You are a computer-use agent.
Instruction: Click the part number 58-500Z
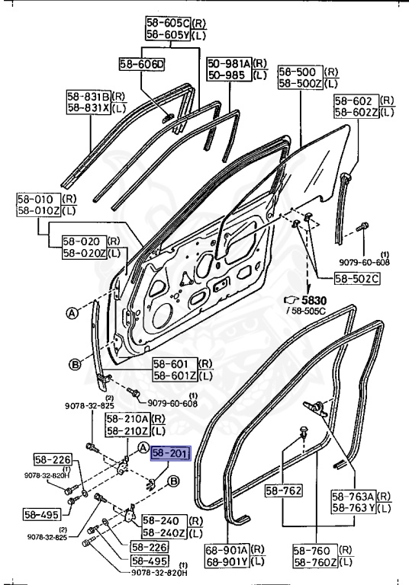pos(301,83)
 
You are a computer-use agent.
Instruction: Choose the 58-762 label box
pos(283,491)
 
